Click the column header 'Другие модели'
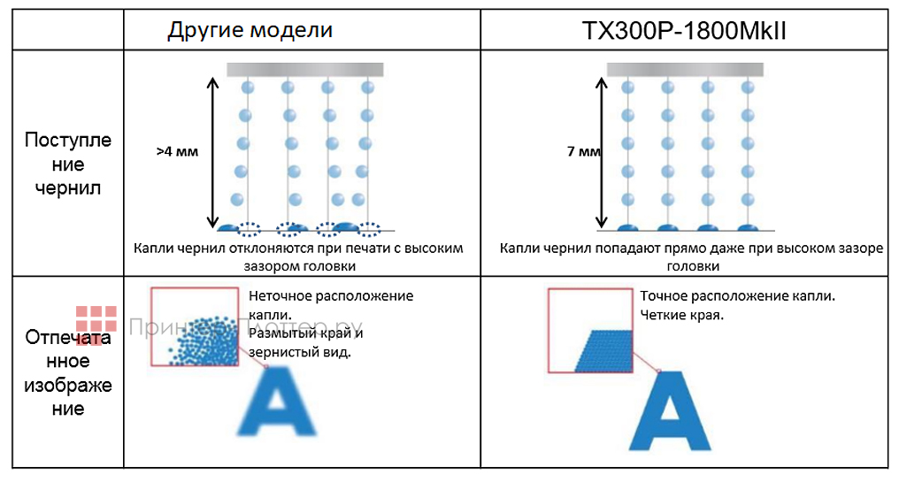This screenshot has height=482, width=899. coord(250,30)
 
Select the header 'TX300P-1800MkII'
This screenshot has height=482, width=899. coord(684,31)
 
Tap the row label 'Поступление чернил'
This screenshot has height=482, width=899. coord(68,164)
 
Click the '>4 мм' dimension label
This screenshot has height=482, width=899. coord(177,151)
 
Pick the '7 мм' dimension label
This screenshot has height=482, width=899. coord(583,151)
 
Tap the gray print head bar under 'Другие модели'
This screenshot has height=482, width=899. coord(304,69)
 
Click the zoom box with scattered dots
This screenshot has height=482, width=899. coord(195,326)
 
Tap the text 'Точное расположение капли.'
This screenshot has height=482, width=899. coord(738,295)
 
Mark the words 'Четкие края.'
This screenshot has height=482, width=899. coord(681,314)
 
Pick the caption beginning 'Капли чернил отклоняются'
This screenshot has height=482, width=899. coord(298,256)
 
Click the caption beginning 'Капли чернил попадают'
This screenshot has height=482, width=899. coord(691,256)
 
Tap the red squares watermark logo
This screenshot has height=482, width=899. coord(96,322)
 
